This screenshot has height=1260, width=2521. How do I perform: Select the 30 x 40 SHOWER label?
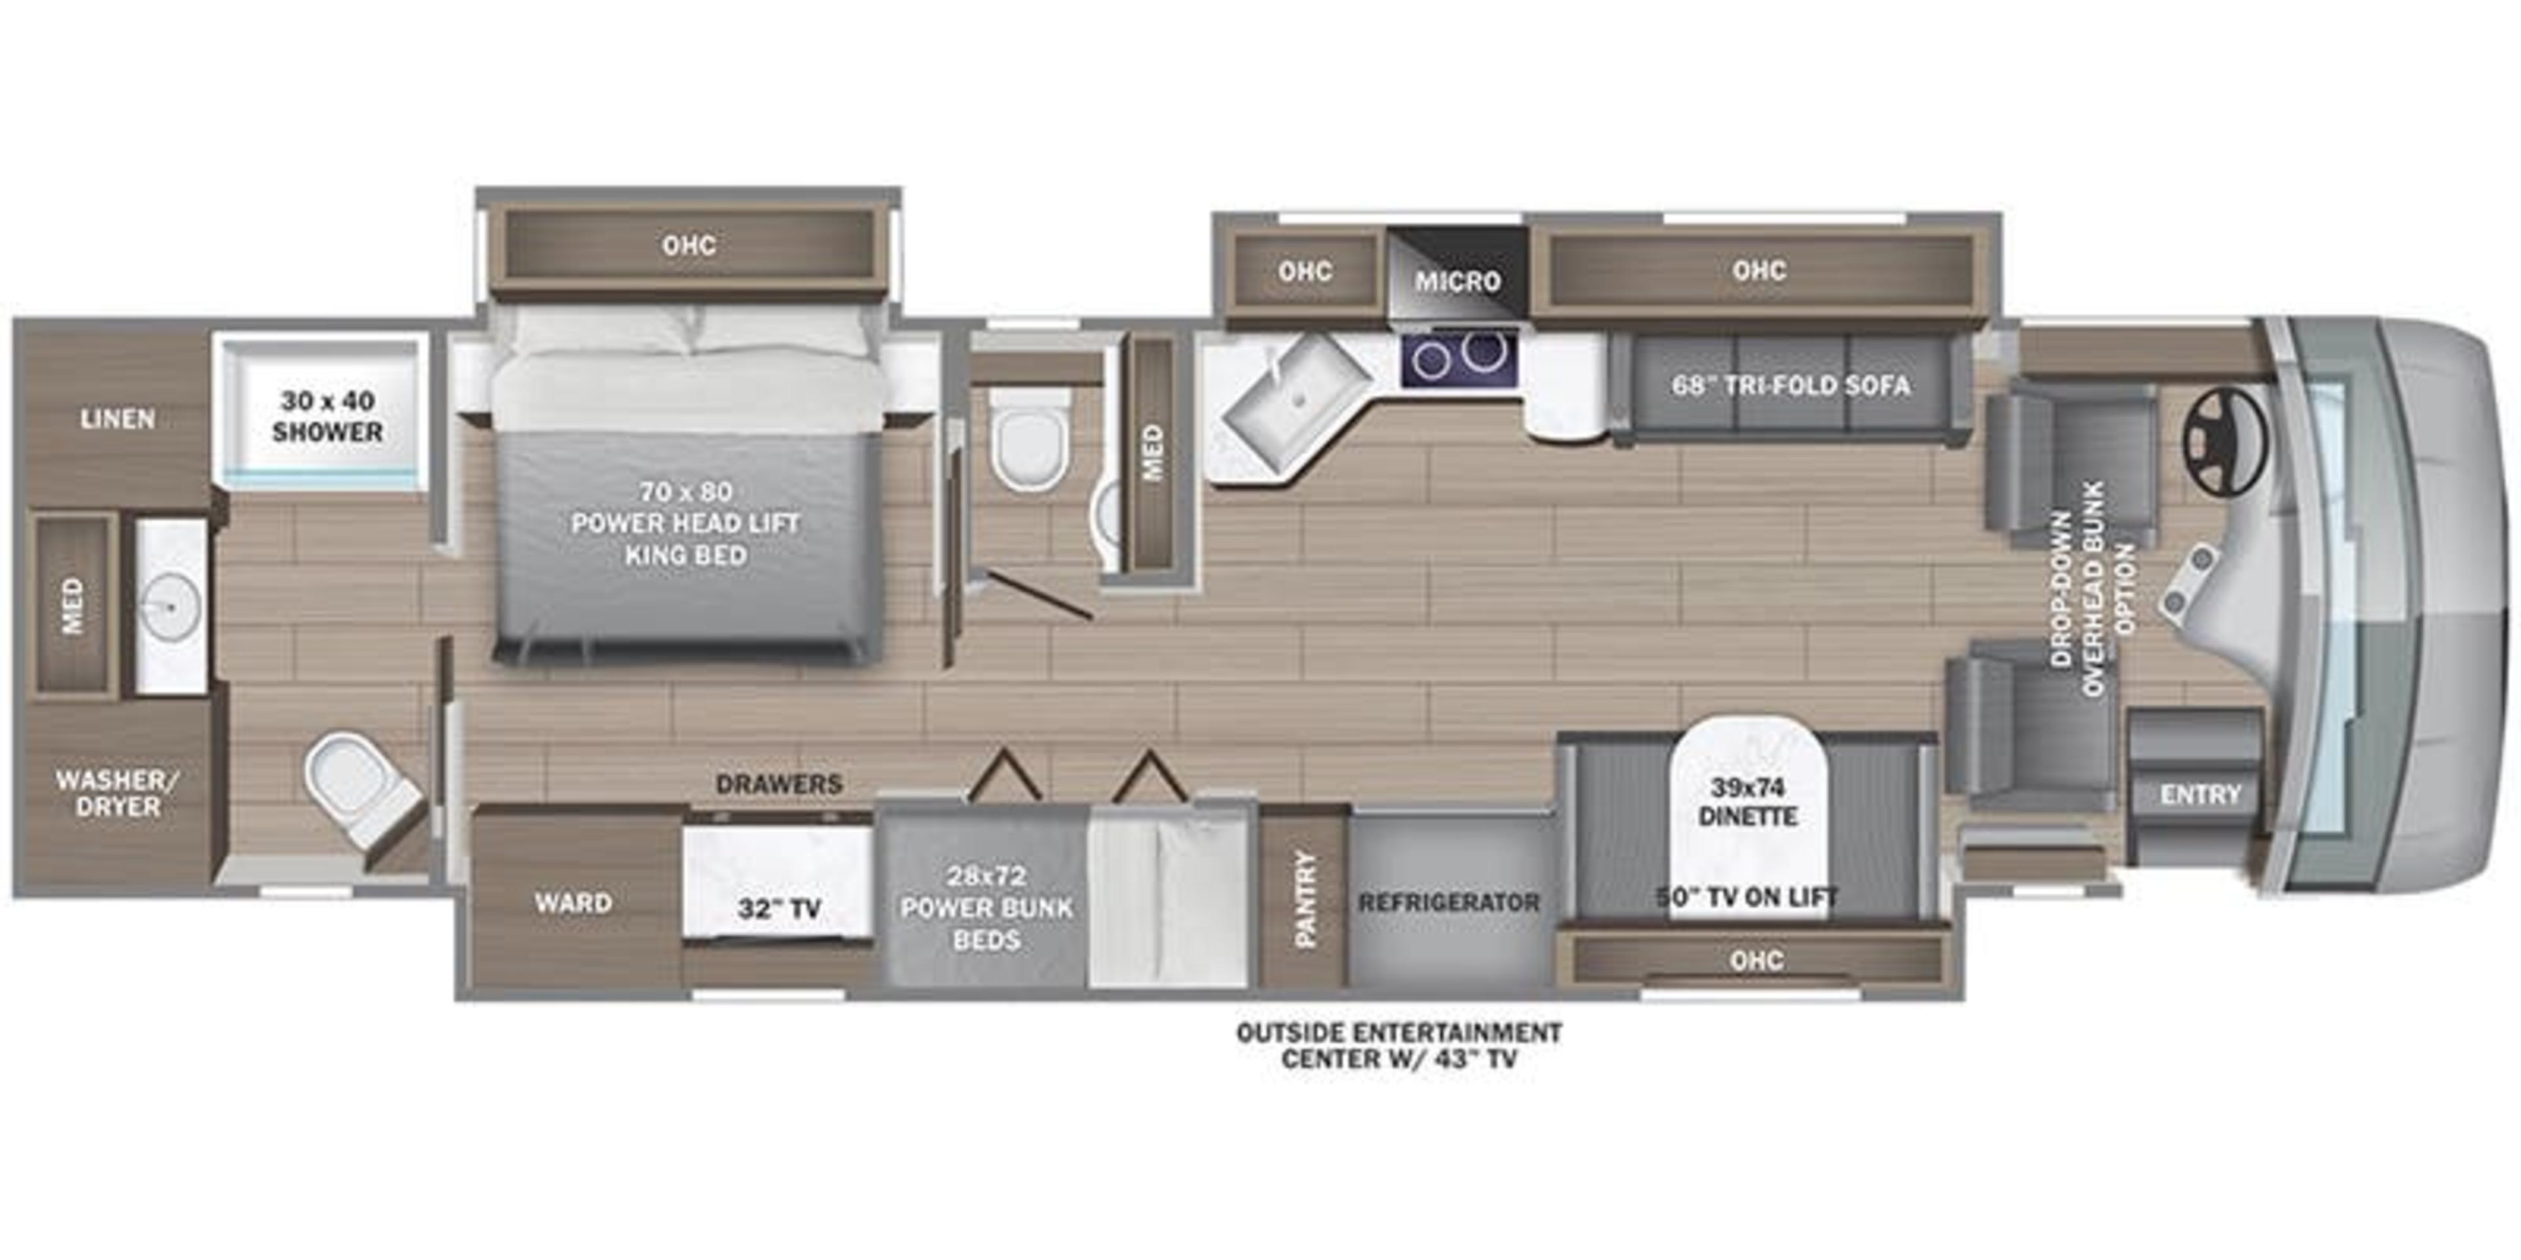click(327, 416)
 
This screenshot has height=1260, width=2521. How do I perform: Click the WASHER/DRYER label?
click(118, 793)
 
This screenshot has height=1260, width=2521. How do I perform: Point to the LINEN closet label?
click(118, 419)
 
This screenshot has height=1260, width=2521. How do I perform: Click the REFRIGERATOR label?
click(1448, 902)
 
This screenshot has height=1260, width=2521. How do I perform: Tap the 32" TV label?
click(779, 910)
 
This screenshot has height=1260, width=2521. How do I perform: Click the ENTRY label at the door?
click(2200, 794)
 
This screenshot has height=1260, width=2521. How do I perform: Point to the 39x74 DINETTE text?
click(1748, 801)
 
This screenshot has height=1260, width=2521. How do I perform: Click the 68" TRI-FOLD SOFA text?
click(1790, 385)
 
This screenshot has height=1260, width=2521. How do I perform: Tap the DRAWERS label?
click(779, 784)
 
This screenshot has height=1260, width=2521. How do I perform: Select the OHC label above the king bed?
click(689, 245)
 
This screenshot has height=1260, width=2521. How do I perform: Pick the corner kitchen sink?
click(1294, 401)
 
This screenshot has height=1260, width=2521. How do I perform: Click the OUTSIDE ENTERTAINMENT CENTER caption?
click(1398, 1045)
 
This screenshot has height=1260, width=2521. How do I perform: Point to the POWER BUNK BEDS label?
click(987, 907)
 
